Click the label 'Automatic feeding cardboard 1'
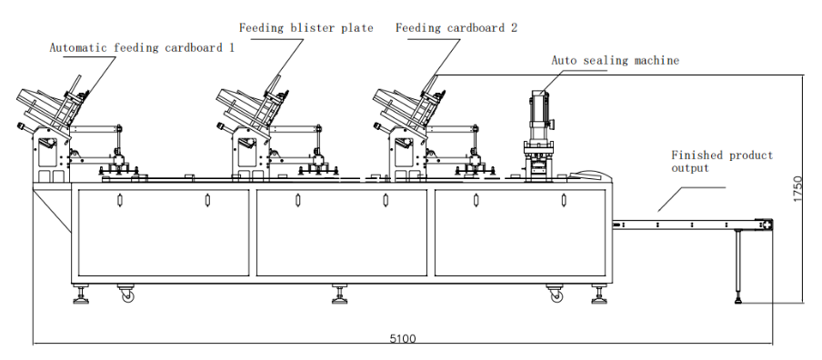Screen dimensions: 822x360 tap(142, 47)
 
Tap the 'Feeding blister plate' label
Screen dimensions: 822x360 tap(306, 28)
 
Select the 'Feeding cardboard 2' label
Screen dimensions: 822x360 tap(456, 28)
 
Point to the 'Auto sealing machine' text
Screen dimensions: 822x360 tap(615, 61)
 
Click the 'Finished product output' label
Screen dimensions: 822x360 tap(722, 162)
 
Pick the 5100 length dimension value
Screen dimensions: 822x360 tap(403, 338)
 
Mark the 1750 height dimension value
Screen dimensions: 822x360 tap(797, 189)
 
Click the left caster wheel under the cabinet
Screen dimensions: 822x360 tap(127, 295)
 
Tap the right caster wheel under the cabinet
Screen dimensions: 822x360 tap(556, 295)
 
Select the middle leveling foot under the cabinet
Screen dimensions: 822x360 tap(340, 295)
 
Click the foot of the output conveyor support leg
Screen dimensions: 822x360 tap(738, 300)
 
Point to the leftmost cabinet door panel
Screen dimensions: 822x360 tap(164, 233)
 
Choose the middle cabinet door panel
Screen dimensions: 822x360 tap(341, 233)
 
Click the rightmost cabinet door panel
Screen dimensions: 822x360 tap(520, 233)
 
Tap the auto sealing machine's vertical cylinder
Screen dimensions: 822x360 tap(538, 115)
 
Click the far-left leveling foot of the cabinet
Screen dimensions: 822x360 tap(81, 295)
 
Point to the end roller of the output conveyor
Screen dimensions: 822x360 tap(765, 225)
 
